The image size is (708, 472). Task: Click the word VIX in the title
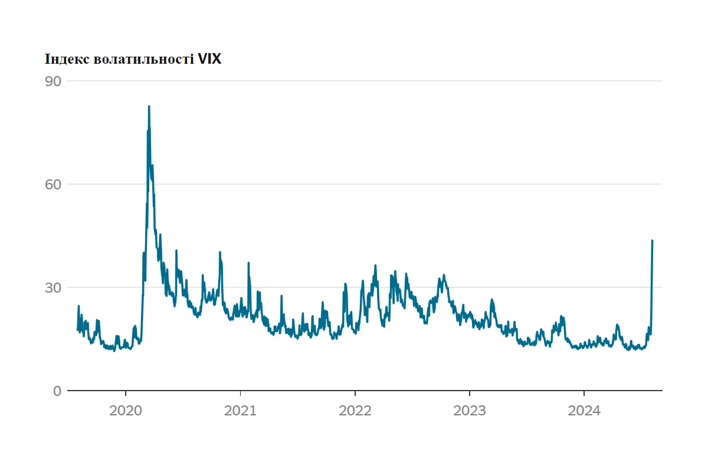209,59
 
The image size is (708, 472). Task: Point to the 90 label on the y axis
53,81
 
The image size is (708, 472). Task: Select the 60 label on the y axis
53,184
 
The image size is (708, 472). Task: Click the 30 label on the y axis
53,287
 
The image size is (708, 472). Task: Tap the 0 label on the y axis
57,391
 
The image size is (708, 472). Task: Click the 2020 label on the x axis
126,411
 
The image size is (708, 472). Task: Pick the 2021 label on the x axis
240,411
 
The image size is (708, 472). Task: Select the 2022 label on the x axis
355,411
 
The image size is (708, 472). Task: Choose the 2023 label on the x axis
469,411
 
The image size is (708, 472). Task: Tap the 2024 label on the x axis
584,411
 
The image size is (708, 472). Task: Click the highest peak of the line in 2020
149,106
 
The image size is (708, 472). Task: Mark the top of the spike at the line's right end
652,241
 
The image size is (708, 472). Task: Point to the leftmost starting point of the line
77,329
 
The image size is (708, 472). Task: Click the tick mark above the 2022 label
355,394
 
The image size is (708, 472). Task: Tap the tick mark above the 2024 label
584,394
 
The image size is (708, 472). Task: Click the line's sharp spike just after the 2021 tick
248,263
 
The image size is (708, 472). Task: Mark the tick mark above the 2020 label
126,394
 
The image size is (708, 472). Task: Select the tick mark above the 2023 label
469,394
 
